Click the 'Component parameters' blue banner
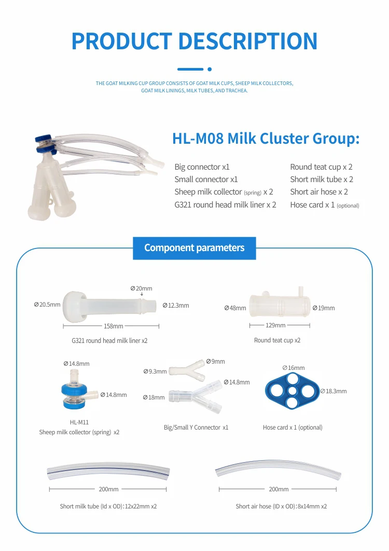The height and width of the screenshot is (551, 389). pos(194,248)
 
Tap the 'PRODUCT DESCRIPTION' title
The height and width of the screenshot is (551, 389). pos(195,42)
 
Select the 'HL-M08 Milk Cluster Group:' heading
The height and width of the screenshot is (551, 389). pos(266,139)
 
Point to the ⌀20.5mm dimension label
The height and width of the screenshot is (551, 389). pos(47,305)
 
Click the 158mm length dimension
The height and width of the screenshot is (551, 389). pos(114,326)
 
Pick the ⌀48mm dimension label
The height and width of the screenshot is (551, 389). pos(235,308)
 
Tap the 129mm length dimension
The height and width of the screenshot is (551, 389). pos(275,325)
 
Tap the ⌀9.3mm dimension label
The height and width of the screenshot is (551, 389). pos(155,371)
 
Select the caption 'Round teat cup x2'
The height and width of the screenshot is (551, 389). pos(277,340)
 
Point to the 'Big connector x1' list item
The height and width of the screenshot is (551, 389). pos(202,167)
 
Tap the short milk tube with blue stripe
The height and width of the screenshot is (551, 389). pos(108,472)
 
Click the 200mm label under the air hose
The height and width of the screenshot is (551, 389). pos(279,489)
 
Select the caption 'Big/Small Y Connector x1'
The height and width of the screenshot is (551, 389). pos(196,428)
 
